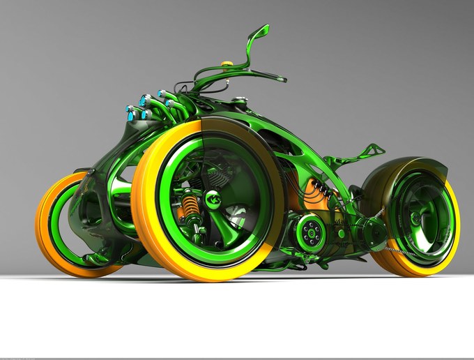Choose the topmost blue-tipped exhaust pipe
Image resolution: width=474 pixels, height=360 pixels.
[162, 93]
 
